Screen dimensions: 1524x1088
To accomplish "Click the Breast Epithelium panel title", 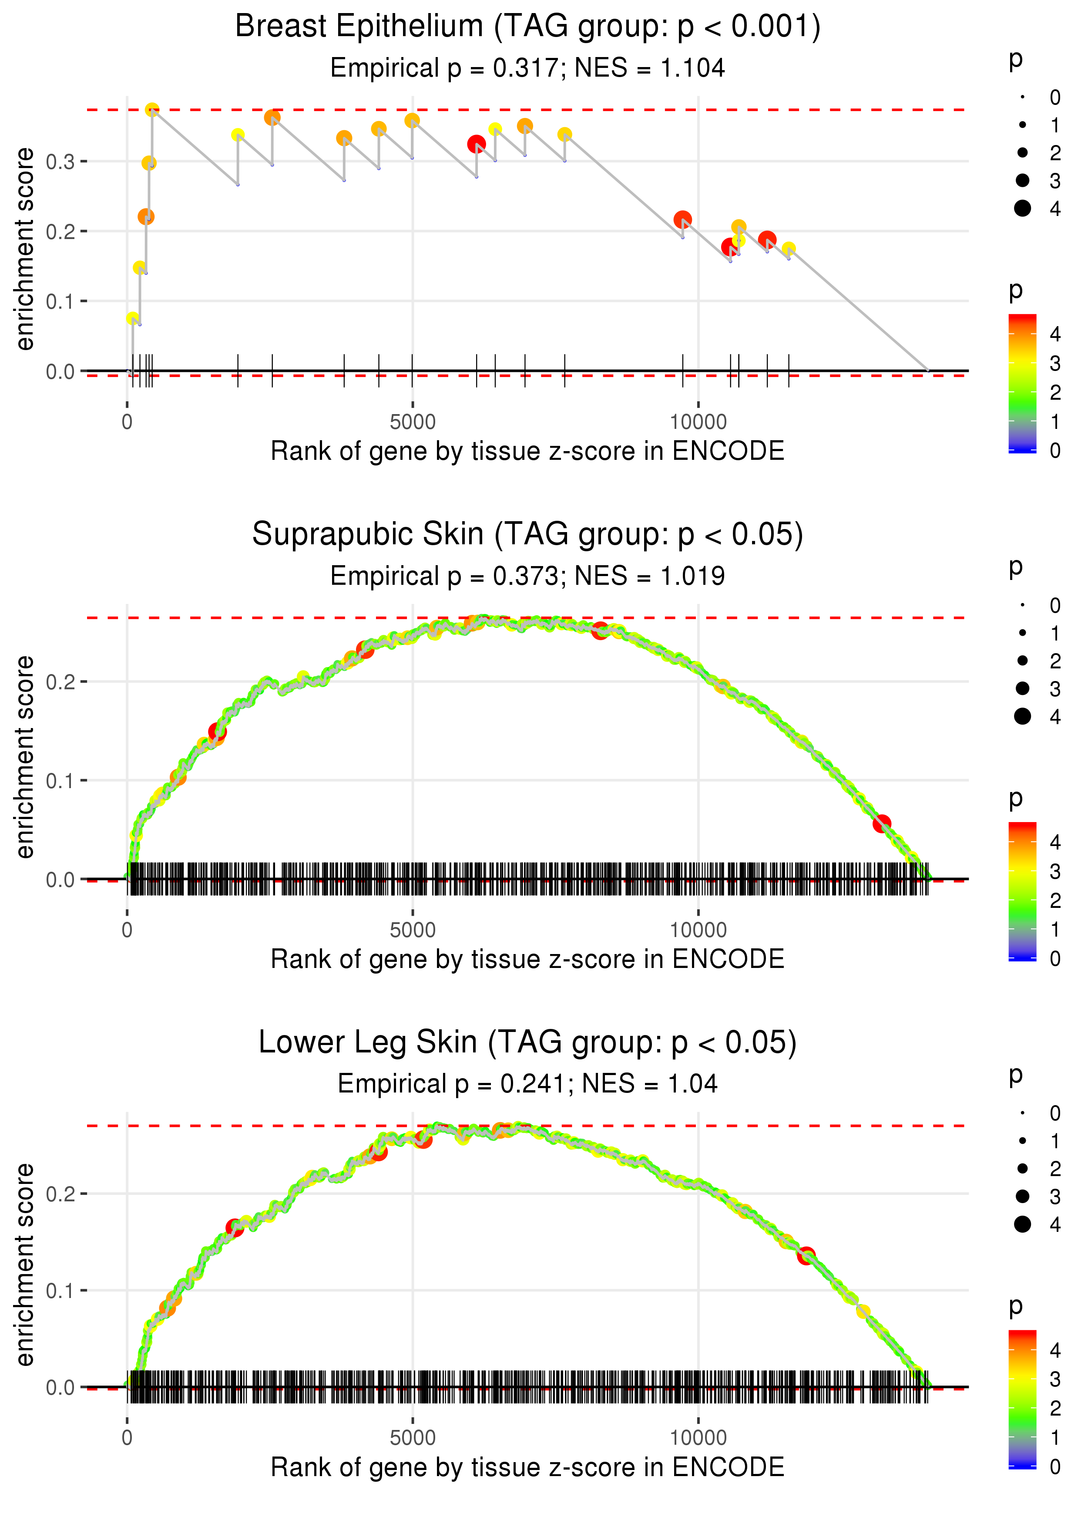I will coord(527,27).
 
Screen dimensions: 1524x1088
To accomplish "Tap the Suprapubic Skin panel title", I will coord(527,534).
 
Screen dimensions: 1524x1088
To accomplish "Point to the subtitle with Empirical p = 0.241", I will coord(527,1084).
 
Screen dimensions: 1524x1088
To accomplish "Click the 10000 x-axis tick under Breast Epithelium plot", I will coord(698,422).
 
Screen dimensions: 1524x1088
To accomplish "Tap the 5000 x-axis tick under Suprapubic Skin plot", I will coord(412,930).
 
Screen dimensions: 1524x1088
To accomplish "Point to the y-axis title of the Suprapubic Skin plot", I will coord(25,757).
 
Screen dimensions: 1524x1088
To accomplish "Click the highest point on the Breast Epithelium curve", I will coord(152,110).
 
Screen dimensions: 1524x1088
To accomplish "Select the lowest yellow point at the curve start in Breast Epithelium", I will coord(133,318).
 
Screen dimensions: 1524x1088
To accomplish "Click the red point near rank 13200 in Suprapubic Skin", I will coord(882,823).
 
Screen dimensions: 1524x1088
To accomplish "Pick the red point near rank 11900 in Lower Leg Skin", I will coord(806,1255).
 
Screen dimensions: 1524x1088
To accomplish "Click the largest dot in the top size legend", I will coord(1022,209).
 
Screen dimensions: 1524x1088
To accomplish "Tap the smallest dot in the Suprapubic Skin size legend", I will coord(1022,605).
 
